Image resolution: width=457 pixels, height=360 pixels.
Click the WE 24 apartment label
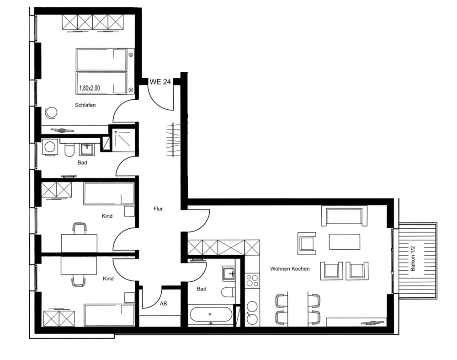tap(160, 82)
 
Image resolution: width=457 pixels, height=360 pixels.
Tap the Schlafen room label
tap(85, 105)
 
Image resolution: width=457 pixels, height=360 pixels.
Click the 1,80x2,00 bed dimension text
tap(90, 88)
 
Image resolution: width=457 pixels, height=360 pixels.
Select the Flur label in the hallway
tap(158, 209)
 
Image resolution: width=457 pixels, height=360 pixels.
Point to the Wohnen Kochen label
tap(290, 269)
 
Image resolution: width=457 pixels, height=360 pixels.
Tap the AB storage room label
tap(163, 303)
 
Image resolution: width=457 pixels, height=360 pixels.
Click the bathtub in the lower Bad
tap(211, 315)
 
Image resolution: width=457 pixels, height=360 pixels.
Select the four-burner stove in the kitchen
tap(252, 280)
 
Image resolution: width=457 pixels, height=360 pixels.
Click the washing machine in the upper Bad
tap(49, 147)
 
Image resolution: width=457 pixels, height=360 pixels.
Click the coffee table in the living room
tap(345, 242)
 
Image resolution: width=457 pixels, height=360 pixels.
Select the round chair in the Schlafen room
tap(51, 113)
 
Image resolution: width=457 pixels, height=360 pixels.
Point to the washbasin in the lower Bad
tap(229, 274)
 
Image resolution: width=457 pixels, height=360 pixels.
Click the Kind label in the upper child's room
tap(107, 216)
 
